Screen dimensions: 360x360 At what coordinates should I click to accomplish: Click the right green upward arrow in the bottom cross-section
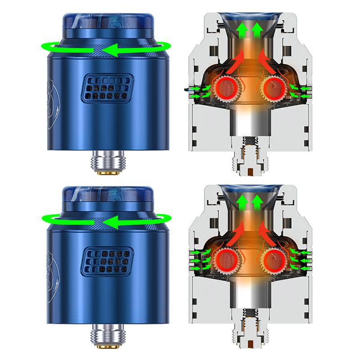[257, 203]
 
